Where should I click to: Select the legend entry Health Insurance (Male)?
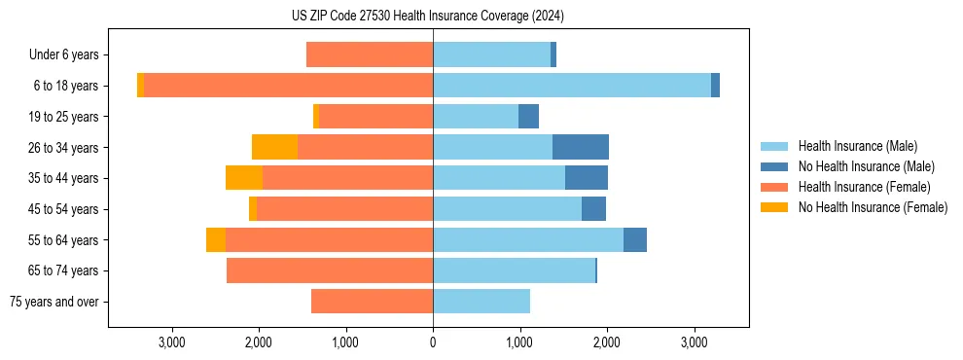pyautogui.click(x=857, y=146)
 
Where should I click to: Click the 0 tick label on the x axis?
pyautogui.click(x=433, y=342)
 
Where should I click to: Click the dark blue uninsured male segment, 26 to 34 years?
pyautogui.click(x=581, y=147)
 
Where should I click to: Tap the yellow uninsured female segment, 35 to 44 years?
pyautogui.click(x=244, y=178)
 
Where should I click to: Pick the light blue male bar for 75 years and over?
pyautogui.click(x=481, y=302)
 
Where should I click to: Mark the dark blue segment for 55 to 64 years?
pyautogui.click(x=635, y=239)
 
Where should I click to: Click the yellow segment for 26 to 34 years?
pyautogui.click(x=274, y=147)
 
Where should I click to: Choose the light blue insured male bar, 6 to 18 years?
pyautogui.click(x=572, y=86)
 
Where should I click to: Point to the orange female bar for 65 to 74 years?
pyautogui.click(x=330, y=270)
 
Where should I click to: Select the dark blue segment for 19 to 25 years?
pyautogui.click(x=528, y=117)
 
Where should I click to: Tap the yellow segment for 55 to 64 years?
pyautogui.click(x=216, y=239)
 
